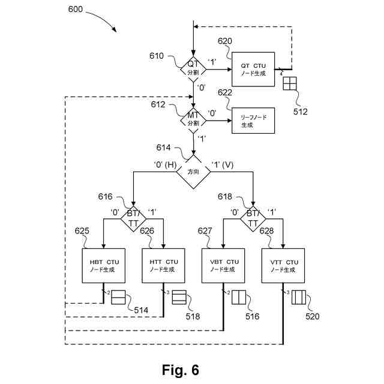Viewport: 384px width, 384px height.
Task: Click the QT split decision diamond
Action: [193, 68]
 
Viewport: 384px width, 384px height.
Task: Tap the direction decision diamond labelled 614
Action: [193, 172]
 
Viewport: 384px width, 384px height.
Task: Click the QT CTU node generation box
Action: [253, 69]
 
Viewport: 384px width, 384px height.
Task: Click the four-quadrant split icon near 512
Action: [290, 83]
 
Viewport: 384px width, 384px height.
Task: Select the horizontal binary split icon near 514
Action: [118, 298]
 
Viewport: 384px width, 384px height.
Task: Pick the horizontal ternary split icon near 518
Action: [180, 298]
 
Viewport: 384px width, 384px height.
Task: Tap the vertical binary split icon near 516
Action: [239, 298]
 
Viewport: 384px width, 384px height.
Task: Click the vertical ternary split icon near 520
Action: [299, 298]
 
